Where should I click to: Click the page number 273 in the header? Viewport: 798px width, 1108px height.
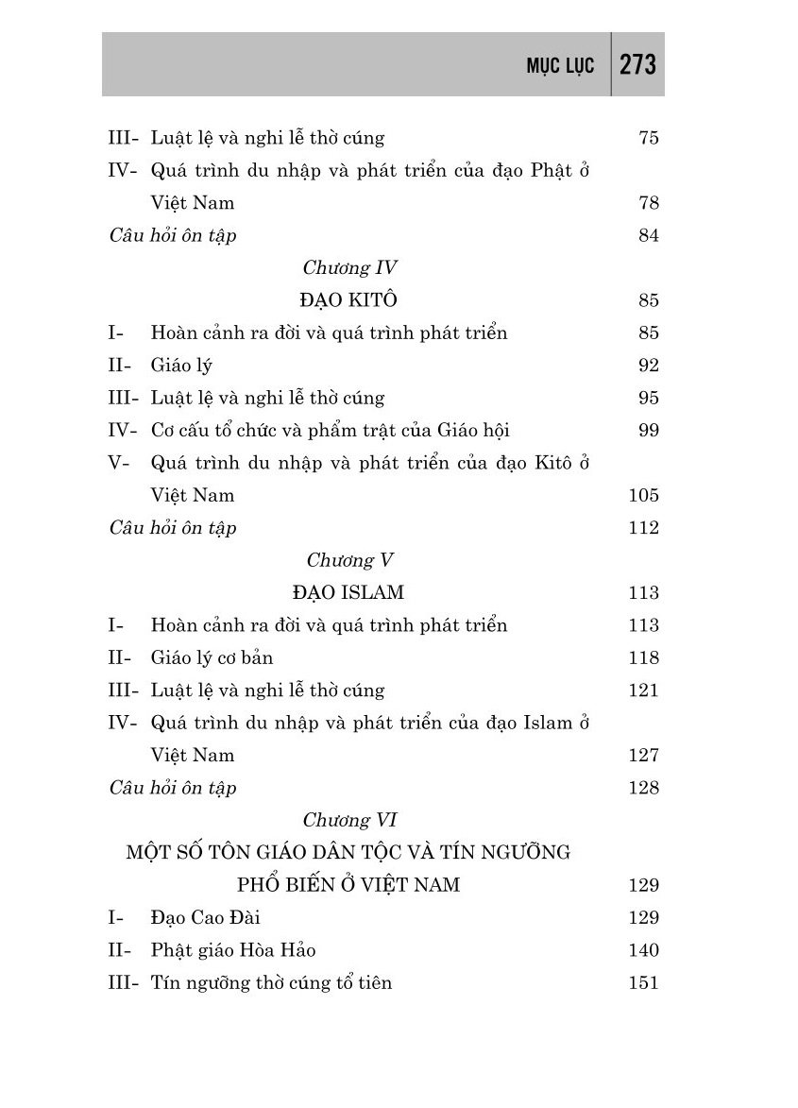(x=638, y=65)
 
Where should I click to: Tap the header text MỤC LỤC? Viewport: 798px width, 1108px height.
(x=560, y=66)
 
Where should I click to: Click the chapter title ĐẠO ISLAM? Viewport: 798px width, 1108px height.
(x=348, y=592)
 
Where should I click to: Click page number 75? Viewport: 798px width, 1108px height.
(x=648, y=138)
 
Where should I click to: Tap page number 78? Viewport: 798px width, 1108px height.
(x=648, y=202)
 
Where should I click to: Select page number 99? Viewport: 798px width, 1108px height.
(x=648, y=431)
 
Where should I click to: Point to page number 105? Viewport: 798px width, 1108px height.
(x=643, y=495)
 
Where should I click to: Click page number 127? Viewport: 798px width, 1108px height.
(x=643, y=755)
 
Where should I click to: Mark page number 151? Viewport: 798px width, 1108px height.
(x=643, y=982)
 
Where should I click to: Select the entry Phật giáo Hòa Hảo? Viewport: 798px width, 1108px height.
(x=240, y=949)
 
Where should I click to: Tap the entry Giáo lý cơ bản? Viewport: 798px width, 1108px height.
(x=212, y=657)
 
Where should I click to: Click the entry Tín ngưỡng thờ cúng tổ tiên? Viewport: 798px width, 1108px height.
(x=271, y=982)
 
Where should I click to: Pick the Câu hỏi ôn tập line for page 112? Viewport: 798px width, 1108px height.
(x=173, y=527)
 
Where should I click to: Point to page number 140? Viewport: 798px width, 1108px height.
(x=643, y=949)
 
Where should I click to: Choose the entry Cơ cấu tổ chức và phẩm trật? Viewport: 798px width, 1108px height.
(x=330, y=431)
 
